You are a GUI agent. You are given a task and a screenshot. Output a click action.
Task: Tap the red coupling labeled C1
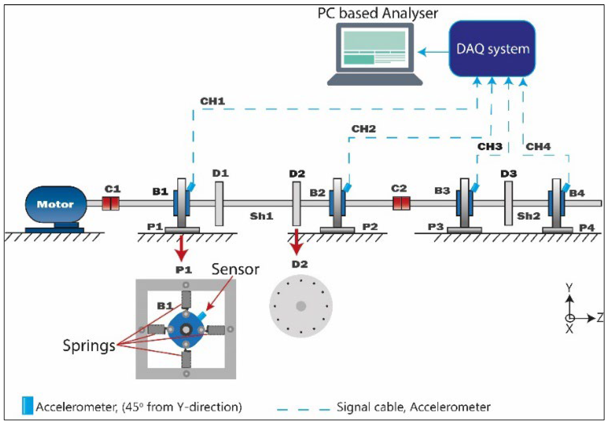(110, 203)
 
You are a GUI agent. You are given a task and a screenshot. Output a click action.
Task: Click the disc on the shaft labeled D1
(219, 204)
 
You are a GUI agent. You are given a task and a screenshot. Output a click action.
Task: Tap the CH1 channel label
(212, 101)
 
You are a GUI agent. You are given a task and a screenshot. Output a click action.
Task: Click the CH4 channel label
(538, 147)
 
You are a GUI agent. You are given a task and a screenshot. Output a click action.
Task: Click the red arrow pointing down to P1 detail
(182, 248)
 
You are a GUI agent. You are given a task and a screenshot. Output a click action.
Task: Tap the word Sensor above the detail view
(235, 269)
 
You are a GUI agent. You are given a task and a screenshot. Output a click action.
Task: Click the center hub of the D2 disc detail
(301, 306)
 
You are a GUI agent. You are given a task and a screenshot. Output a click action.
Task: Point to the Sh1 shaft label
(261, 216)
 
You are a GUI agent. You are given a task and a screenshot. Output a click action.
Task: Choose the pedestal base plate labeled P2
(337, 229)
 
